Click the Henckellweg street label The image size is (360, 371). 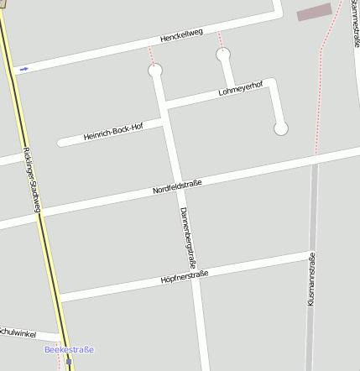point(181,36)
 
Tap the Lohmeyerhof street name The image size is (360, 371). point(240,87)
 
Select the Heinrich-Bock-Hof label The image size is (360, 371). point(113,132)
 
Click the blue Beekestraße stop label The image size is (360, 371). point(69,349)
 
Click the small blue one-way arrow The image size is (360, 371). point(23,69)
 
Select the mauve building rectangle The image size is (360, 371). point(315,12)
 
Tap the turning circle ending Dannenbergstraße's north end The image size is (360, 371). point(155,71)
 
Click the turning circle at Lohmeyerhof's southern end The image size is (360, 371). point(281,128)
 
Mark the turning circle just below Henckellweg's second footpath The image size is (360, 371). point(223,55)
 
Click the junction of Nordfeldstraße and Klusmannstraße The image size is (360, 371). point(314,159)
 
